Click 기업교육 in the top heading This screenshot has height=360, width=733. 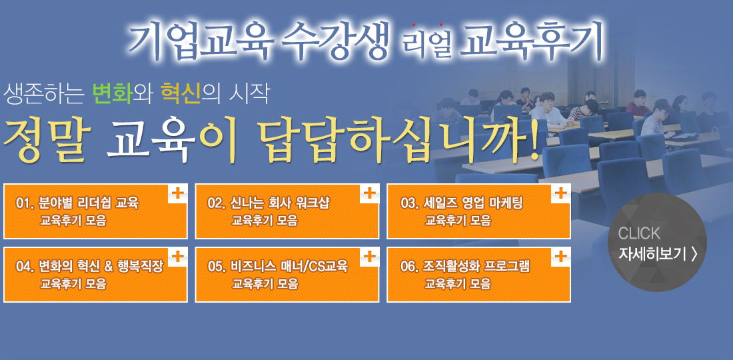(x=201, y=41)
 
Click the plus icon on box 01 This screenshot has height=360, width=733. (x=177, y=193)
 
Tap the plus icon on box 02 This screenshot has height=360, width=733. (x=369, y=193)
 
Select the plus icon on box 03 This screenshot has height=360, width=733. (x=560, y=193)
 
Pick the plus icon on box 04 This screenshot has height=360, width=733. (x=177, y=256)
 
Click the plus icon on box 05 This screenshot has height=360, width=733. (x=369, y=256)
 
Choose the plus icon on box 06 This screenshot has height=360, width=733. (x=560, y=256)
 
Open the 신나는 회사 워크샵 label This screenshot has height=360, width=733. (x=281, y=203)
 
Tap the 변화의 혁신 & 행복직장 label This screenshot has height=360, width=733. (x=101, y=267)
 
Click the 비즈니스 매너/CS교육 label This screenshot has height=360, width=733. (x=289, y=267)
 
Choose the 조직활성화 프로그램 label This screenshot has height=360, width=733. (x=477, y=267)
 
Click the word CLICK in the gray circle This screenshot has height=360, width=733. (x=639, y=233)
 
